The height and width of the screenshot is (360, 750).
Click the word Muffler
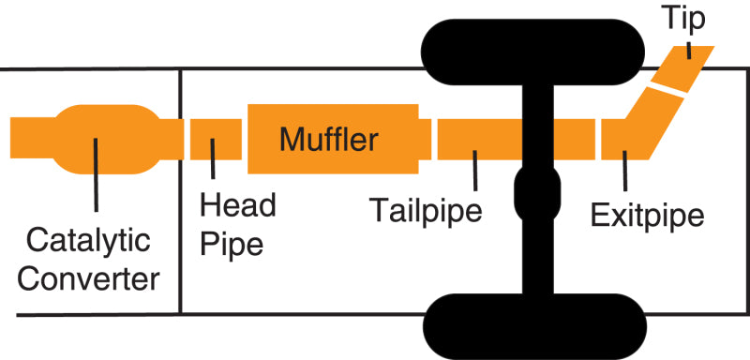[329, 142]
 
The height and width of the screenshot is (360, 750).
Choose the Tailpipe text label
[426, 208]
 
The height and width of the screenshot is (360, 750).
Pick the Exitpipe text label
[648, 216]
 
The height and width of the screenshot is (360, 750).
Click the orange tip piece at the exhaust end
[692, 64]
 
